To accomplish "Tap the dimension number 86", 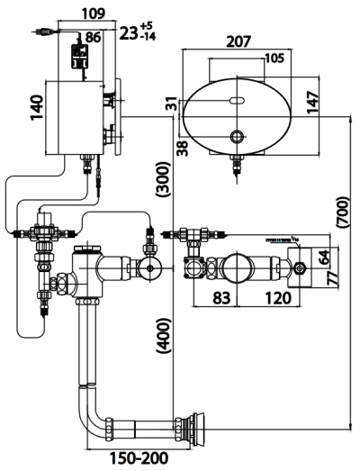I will pos(92,38).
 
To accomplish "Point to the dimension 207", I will pos(239,41).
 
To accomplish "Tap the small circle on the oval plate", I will pos(238,137).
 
